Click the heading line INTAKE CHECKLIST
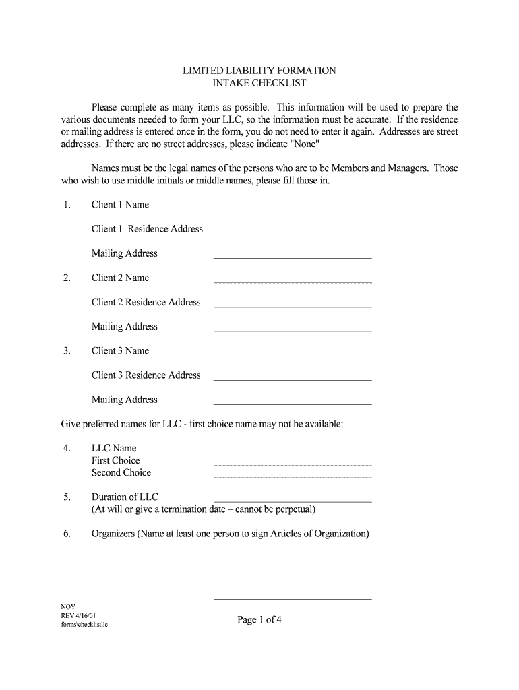point(259,83)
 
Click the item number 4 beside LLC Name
point(67,448)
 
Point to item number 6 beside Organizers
point(67,534)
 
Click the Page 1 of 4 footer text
point(259,620)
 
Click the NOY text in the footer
point(68,606)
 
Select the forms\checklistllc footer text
point(85,625)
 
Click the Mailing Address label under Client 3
point(125,400)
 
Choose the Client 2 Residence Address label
point(146,302)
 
